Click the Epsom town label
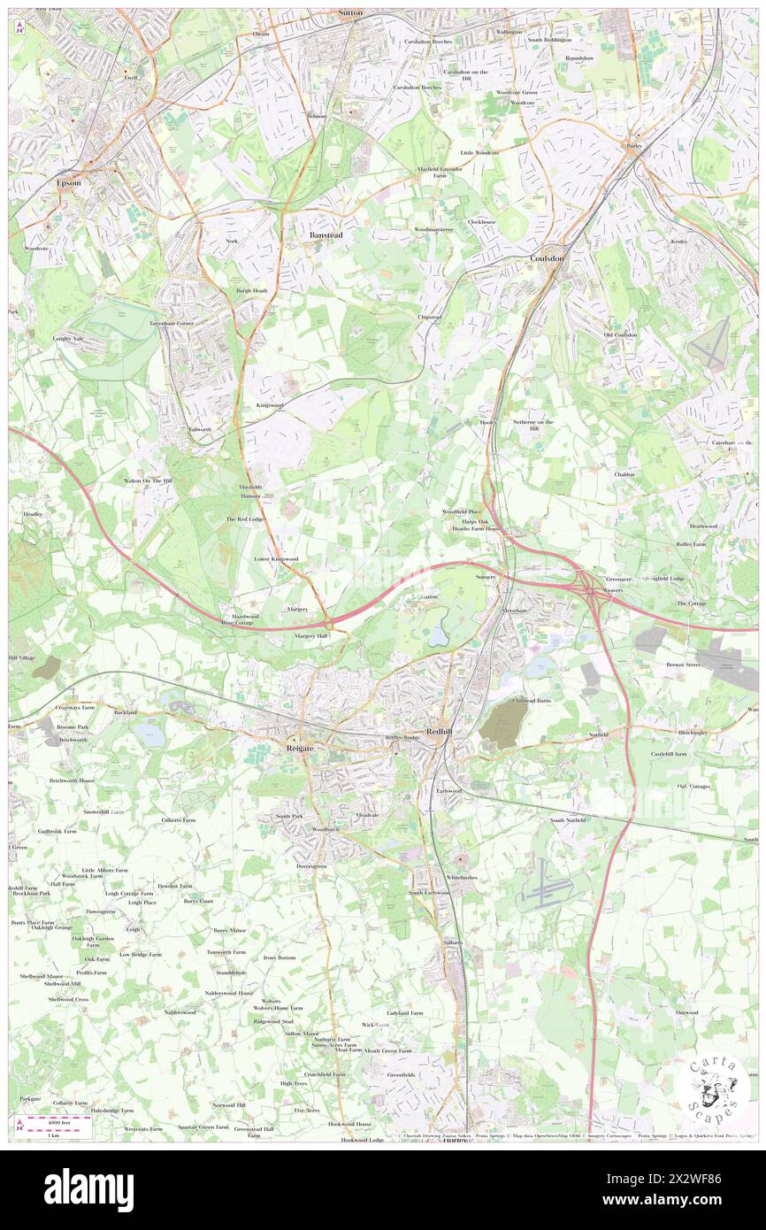(x=68, y=183)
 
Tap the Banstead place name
(x=326, y=234)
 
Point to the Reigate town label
(x=301, y=748)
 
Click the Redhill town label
(x=440, y=732)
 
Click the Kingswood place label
(x=271, y=404)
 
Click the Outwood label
(x=686, y=1012)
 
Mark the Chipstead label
(x=430, y=316)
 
